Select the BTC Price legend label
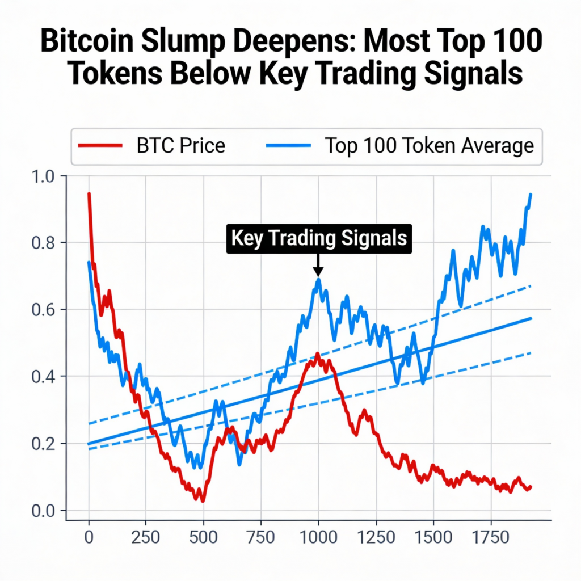[x=181, y=146]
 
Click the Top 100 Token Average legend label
[x=429, y=146]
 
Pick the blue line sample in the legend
[x=288, y=146]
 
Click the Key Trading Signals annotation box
[x=318, y=238]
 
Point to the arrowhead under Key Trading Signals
[x=318, y=272]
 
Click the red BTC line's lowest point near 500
[x=202, y=500]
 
